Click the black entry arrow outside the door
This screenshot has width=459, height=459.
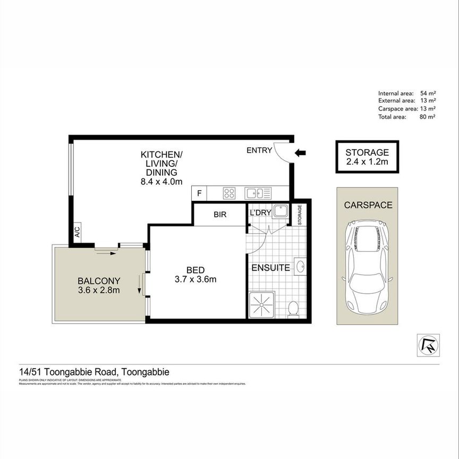click(x=301, y=153)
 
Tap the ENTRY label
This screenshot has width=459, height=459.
click(x=259, y=150)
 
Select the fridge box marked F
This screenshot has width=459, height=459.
click(x=199, y=193)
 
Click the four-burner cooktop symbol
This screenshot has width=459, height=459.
click(x=229, y=193)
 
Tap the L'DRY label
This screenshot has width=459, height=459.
click(x=260, y=213)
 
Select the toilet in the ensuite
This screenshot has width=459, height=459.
click(x=292, y=308)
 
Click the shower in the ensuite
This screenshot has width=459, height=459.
click(x=261, y=305)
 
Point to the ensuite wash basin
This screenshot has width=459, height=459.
click(x=299, y=266)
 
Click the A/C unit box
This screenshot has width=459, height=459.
click(x=77, y=232)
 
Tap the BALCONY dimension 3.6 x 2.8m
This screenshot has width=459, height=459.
click(x=99, y=290)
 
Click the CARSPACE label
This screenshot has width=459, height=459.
click(x=368, y=205)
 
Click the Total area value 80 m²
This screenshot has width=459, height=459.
click(x=427, y=117)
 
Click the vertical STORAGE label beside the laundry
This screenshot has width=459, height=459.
click(x=300, y=215)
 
